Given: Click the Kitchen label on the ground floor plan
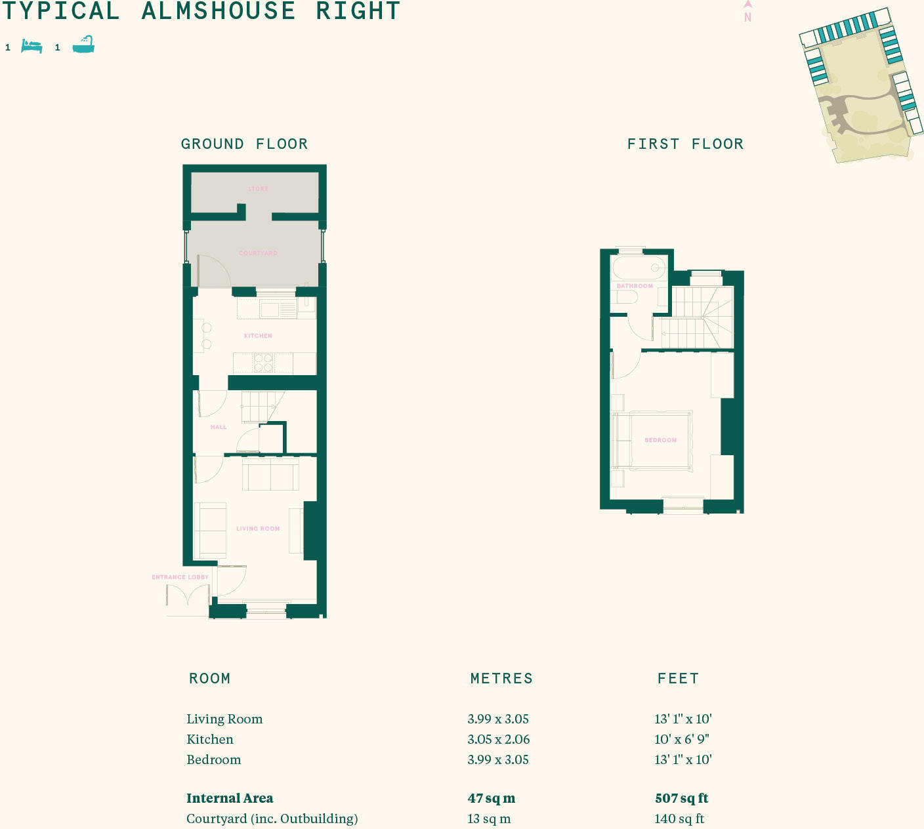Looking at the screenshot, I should [x=258, y=336].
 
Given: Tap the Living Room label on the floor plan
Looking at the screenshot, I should [x=258, y=529].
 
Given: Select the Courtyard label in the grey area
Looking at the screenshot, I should [x=258, y=253].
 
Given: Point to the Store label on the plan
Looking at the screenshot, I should [x=258, y=189].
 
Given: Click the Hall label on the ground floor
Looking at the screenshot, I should [x=219, y=427].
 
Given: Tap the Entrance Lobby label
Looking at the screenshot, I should [x=180, y=577].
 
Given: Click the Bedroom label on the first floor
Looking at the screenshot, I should [x=660, y=440].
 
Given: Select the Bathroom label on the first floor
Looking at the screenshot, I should [x=635, y=286].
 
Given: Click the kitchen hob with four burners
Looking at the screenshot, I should [x=263, y=363].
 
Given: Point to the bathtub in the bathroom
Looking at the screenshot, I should [x=639, y=268].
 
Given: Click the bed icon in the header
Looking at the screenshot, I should [x=31, y=47].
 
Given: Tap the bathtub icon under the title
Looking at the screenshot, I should [x=83, y=45].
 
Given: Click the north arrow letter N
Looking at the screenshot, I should [x=747, y=18].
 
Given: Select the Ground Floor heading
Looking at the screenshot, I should [x=244, y=144].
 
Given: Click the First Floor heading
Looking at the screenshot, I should [x=685, y=144].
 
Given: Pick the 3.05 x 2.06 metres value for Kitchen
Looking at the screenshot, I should [x=498, y=739].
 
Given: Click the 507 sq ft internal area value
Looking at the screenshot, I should [x=681, y=798].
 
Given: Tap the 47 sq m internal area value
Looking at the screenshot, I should [x=491, y=798].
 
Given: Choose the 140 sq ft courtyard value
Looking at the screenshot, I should [x=679, y=819].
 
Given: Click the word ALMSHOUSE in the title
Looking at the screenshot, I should [x=219, y=11].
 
